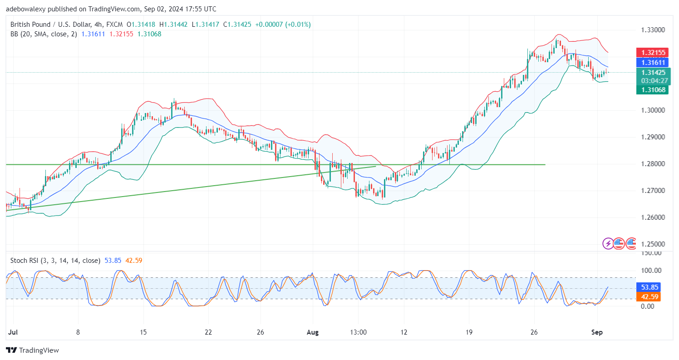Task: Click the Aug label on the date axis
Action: coord(313,332)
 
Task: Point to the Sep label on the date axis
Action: coord(597,332)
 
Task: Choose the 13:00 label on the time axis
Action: coord(358,332)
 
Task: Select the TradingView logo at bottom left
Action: coord(32,350)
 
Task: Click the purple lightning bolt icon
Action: coord(608,243)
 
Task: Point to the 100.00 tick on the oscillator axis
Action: coord(651,271)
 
